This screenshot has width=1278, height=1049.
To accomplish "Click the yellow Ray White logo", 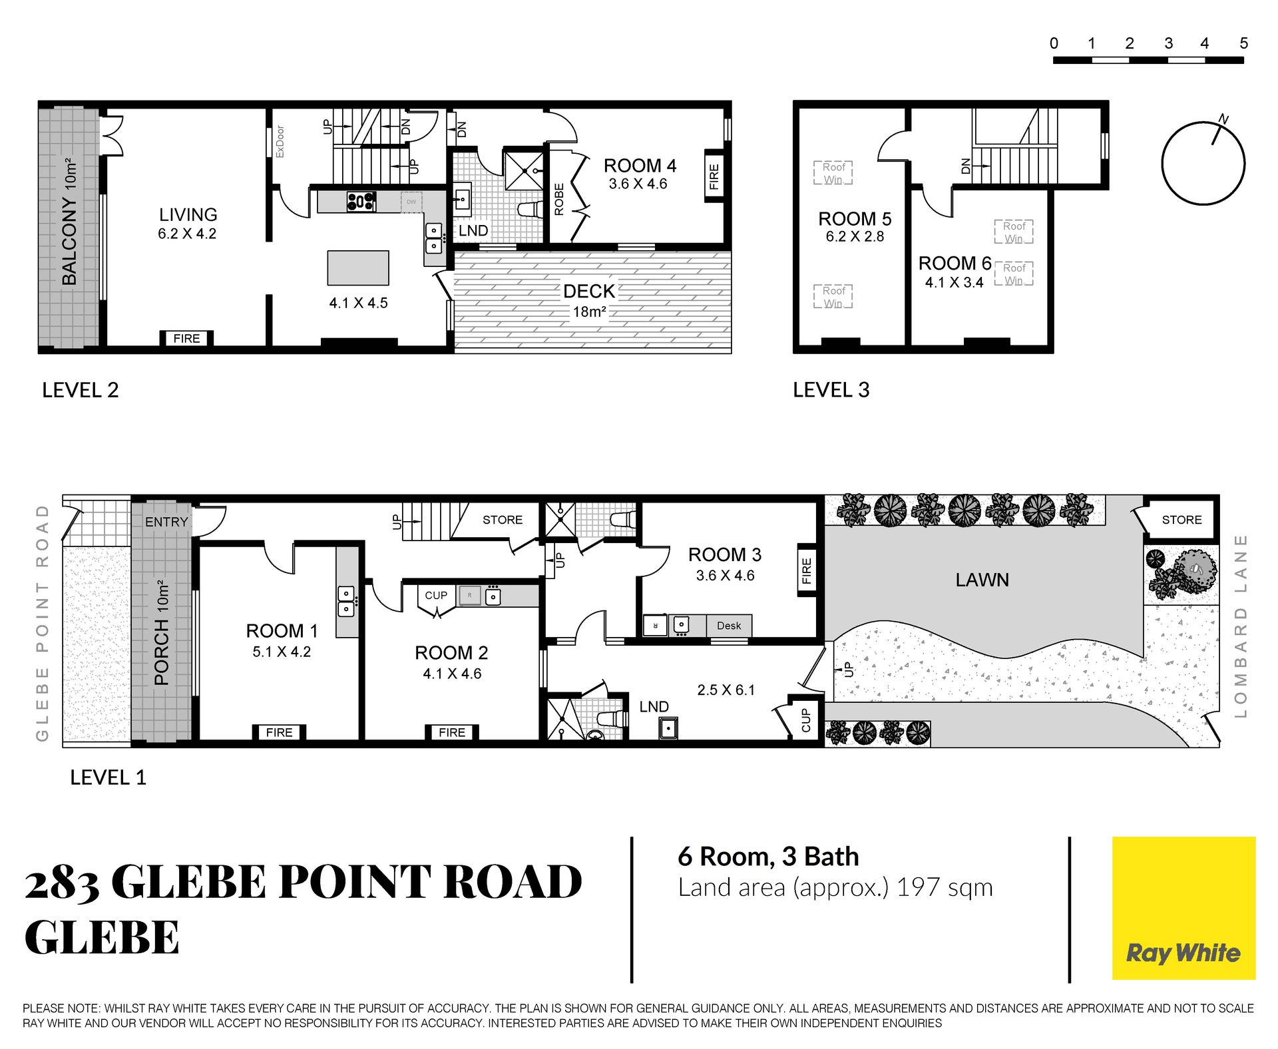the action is (x=1183, y=908).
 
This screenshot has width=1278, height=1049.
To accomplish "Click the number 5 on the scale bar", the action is (x=1243, y=43).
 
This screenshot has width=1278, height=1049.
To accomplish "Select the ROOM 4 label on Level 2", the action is (x=640, y=165).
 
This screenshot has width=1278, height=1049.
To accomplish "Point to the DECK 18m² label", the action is (x=589, y=300).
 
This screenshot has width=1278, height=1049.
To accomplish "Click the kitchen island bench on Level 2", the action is (x=358, y=268).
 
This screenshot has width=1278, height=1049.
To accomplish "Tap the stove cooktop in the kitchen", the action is (x=361, y=201).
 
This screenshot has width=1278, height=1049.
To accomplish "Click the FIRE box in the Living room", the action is (x=186, y=338).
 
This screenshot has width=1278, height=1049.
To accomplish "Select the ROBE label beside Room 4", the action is (x=559, y=199).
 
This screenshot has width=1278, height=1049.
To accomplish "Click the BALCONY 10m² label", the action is (x=69, y=222).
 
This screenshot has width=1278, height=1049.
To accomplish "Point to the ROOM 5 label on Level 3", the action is (x=855, y=218).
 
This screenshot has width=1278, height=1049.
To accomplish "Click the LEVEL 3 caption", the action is (x=831, y=389).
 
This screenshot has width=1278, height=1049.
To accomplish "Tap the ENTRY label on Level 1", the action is (x=166, y=522).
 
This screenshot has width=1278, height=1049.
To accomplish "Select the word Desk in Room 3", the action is (x=729, y=626).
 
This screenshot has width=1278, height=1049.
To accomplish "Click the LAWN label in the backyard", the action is (x=982, y=580).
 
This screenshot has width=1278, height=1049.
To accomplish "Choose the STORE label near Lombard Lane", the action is (x=1181, y=520).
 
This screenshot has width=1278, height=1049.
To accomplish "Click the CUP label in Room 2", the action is (x=436, y=595).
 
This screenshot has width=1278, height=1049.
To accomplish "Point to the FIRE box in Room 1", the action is (x=279, y=732).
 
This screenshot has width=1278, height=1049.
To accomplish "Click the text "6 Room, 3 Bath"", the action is (x=768, y=857).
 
